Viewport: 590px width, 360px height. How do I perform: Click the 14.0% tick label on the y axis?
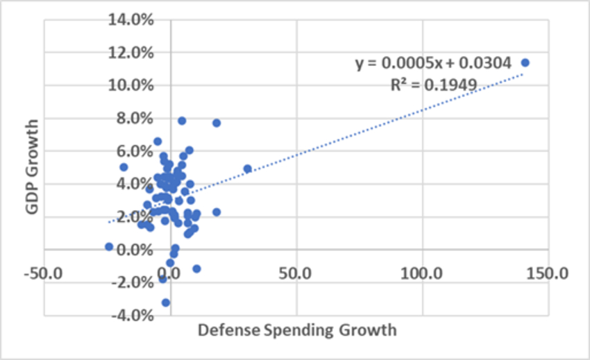130,19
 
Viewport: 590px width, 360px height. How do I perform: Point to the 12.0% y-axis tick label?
130,53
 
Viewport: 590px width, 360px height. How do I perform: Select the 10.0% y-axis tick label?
130,85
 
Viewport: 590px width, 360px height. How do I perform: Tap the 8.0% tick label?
133,118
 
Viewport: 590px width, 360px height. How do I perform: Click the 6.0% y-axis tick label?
133,151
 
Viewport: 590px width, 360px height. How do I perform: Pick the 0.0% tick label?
133,250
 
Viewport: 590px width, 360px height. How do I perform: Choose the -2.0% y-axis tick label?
131,282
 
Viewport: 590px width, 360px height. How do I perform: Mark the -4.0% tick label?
131,316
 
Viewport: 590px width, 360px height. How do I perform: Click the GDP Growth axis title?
29,167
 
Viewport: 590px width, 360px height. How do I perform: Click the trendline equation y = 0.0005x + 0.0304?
434,64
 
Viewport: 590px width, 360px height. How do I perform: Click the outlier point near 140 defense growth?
525,62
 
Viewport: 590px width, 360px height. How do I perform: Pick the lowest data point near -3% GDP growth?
165,302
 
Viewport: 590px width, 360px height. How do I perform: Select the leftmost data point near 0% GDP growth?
109,246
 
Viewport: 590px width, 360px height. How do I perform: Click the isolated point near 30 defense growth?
247,169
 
